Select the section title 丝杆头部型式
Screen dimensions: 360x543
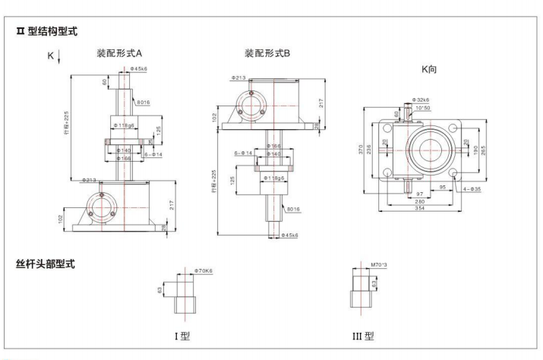(45, 264)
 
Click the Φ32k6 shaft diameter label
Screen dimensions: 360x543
(421, 99)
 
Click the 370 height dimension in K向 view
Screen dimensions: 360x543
(362, 150)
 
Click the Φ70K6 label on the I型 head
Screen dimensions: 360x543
(203, 270)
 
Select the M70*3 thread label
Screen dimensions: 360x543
(376, 266)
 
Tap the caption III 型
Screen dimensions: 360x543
(362, 335)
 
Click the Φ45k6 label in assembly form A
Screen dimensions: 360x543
(138, 68)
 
